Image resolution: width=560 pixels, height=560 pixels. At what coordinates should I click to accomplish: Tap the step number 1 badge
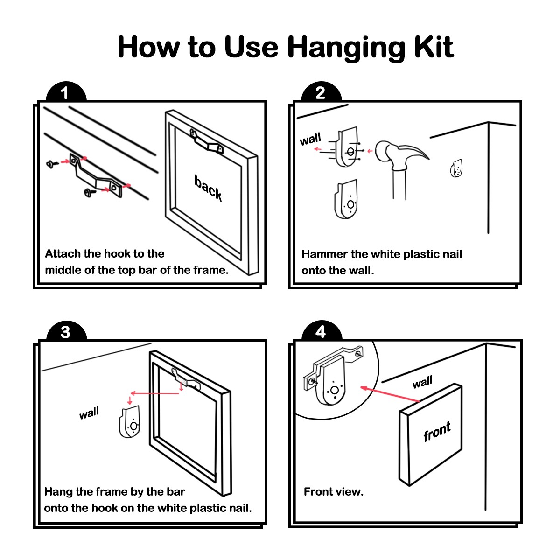[66, 92]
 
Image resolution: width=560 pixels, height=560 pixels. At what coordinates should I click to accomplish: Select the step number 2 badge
[321, 92]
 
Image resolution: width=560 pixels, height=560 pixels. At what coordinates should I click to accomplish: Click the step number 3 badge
[66, 331]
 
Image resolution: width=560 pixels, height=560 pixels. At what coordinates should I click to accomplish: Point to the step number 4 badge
[321, 331]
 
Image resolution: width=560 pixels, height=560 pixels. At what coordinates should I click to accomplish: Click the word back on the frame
[208, 188]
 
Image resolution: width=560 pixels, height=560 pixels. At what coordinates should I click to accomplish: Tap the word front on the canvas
[437, 431]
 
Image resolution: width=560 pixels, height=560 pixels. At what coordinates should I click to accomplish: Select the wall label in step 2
[310, 139]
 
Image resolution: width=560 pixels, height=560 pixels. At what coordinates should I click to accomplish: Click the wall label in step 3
[89, 413]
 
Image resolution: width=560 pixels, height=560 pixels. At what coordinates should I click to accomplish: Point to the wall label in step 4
[422, 382]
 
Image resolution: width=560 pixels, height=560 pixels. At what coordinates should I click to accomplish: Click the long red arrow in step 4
[390, 394]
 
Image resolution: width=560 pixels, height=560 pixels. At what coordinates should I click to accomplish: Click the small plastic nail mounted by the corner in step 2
[456, 168]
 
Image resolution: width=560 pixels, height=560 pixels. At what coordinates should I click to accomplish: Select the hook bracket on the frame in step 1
[207, 141]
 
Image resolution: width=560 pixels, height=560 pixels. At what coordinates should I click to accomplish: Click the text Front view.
[333, 492]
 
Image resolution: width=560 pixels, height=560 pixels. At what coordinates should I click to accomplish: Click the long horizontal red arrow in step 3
[155, 393]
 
